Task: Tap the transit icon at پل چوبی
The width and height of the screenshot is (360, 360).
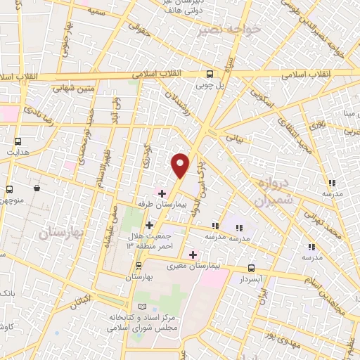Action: pos(210,74)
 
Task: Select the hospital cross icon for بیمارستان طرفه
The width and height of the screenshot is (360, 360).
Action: pos(161,193)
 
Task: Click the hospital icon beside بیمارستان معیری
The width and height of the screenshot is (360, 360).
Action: pos(193,254)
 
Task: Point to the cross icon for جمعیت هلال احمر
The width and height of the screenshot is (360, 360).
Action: pos(148,225)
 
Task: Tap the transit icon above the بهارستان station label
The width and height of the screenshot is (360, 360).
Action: pos(139,265)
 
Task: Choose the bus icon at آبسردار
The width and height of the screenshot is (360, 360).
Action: pos(251,267)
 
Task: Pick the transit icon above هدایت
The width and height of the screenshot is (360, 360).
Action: pos(17,140)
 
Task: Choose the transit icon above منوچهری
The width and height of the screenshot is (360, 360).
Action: pos(10,189)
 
